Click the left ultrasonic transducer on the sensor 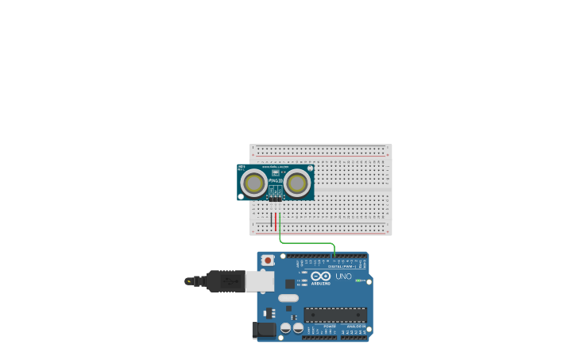point(254,184)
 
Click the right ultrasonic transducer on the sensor point(297,184)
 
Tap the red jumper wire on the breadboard point(276,221)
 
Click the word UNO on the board point(343,277)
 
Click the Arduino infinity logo point(320,276)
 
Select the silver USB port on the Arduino point(259,281)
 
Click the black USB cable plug point(226,281)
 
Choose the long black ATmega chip point(335,315)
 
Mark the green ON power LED point(359,281)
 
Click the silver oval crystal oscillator point(288,299)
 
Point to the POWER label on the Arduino point(330,327)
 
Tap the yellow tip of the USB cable point(187,281)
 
